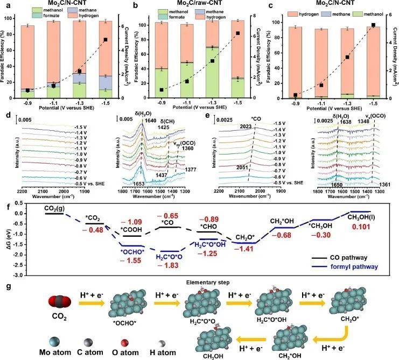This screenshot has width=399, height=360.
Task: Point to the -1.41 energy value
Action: pos(241,249)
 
